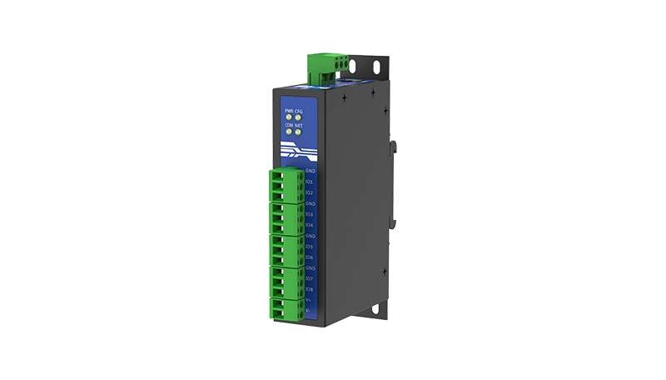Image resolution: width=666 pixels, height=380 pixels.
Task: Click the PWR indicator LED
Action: (x=289, y=117)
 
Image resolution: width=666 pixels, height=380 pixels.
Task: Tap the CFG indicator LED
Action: (x=298, y=117)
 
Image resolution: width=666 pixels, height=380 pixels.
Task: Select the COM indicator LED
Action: (x=289, y=132)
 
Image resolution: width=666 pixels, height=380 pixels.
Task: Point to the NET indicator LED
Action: (x=298, y=132)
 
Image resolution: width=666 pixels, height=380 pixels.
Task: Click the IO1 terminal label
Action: (x=310, y=181)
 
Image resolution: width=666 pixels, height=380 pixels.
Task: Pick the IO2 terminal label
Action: (x=310, y=192)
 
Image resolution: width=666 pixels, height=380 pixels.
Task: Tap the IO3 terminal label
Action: (x=310, y=213)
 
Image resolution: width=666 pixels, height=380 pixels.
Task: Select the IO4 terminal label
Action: (x=310, y=224)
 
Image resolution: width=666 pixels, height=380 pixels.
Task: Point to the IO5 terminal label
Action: (x=310, y=246)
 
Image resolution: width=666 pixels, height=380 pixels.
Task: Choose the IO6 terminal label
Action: (x=310, y=257)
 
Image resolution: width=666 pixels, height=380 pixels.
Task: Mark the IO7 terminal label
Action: (x=310, y=278)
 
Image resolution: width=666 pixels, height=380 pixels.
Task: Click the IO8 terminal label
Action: (x=310, y=289)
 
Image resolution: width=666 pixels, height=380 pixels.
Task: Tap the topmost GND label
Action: (x=310, y=170)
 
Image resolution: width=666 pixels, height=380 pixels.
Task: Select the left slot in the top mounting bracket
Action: (x=354, y=65)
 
